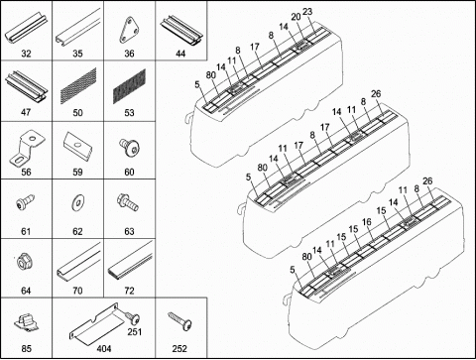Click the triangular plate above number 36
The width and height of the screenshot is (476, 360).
[x=129, y=31]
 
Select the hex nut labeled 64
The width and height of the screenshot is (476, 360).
[x=24, y=263]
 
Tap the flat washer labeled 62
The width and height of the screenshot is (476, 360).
[x=78, y=200]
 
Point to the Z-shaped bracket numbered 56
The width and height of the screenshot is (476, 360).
[x=26, y=147]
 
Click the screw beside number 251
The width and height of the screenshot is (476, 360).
[x=133, y=317]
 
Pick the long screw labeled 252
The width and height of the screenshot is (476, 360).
[x=179, y=319]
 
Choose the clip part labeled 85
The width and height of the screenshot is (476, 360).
[x=27, y=323]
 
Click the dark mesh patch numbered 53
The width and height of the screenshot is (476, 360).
[x=129, y=86]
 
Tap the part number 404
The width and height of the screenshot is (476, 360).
[x=104, y=349]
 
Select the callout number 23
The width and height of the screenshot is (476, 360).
[x=307, y=12]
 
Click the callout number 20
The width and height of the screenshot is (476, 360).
[x=296, y=17]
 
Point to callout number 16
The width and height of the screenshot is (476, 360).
[x=367, y=222]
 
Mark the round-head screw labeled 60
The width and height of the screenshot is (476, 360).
[x=129, y=147]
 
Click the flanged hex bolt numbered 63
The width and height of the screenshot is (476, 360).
[x=128, y=202]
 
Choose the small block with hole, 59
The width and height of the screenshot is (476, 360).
[x=78, y=146]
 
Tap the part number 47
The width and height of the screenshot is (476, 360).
[x=26, y=112]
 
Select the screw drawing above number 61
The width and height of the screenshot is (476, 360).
[x=25, y=202]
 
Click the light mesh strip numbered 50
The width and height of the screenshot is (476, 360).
[x=78, y=86]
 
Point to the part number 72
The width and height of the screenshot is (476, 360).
[x=129, y=291]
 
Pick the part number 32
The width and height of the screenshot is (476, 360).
[x=26, y=54]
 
